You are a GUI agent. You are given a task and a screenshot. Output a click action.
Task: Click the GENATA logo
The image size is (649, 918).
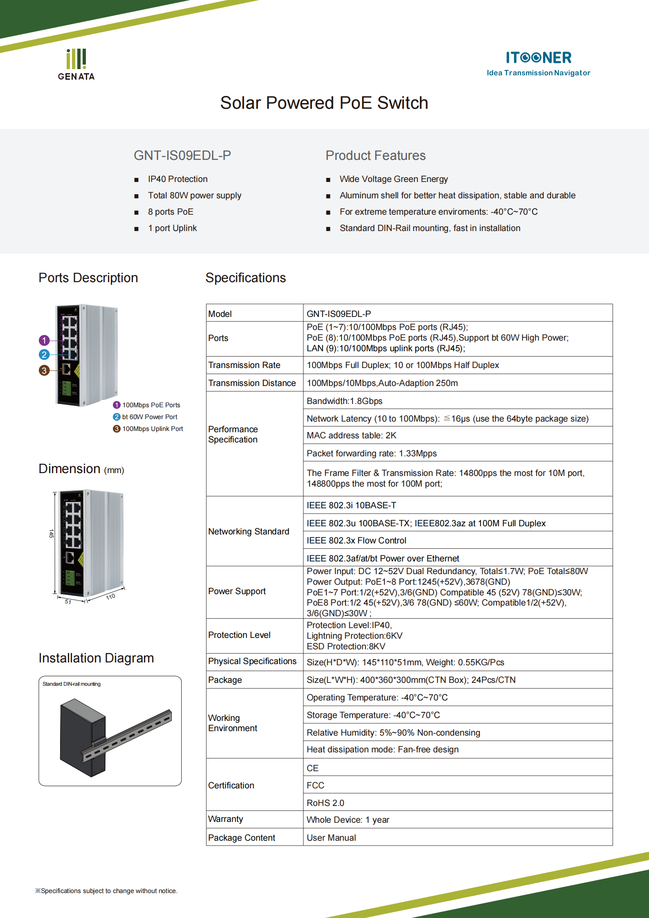click(x=76, y=65)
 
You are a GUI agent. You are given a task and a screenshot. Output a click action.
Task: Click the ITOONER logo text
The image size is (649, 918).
click(x=538, y=58)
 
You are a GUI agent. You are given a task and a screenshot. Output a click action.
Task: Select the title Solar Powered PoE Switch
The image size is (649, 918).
click(x=324, y=103)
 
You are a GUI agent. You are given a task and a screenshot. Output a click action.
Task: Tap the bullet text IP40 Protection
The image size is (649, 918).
click(x=177, y=179)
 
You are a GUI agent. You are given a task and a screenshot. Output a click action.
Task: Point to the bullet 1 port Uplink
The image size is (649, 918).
click(x=172, y=228)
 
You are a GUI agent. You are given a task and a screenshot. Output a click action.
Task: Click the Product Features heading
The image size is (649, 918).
click(x=375, y=155)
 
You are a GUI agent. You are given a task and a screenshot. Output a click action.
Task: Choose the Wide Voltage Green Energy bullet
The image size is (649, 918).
click(x=393, y=179)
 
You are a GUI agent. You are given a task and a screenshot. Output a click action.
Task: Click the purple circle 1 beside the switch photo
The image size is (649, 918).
click(x=44, y=340)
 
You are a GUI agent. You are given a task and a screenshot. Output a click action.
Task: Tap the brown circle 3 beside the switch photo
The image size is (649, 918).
click(x=44, y=370)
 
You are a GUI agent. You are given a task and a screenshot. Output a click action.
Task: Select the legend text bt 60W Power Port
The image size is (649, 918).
click(x=149, y=417)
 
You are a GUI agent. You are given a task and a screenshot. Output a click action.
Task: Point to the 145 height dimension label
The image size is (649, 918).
click(x=51, y=534)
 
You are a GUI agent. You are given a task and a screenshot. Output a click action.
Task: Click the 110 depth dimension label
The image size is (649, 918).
click(x=110, y=597)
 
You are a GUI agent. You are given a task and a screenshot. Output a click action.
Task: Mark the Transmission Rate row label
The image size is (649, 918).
click(x=244, y=365)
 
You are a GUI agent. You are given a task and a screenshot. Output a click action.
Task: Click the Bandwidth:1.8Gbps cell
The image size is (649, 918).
click(x=344, y=401)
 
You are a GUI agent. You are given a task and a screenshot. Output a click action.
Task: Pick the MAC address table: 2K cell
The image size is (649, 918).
click(x=351, y=435)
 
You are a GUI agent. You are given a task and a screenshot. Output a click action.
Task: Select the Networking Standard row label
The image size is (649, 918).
click(x=248, y=532)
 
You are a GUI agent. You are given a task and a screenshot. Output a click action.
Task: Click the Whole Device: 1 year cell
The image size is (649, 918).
click(x=348, y=820)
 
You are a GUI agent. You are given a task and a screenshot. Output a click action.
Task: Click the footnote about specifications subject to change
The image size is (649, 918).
click(x=106, y=891)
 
